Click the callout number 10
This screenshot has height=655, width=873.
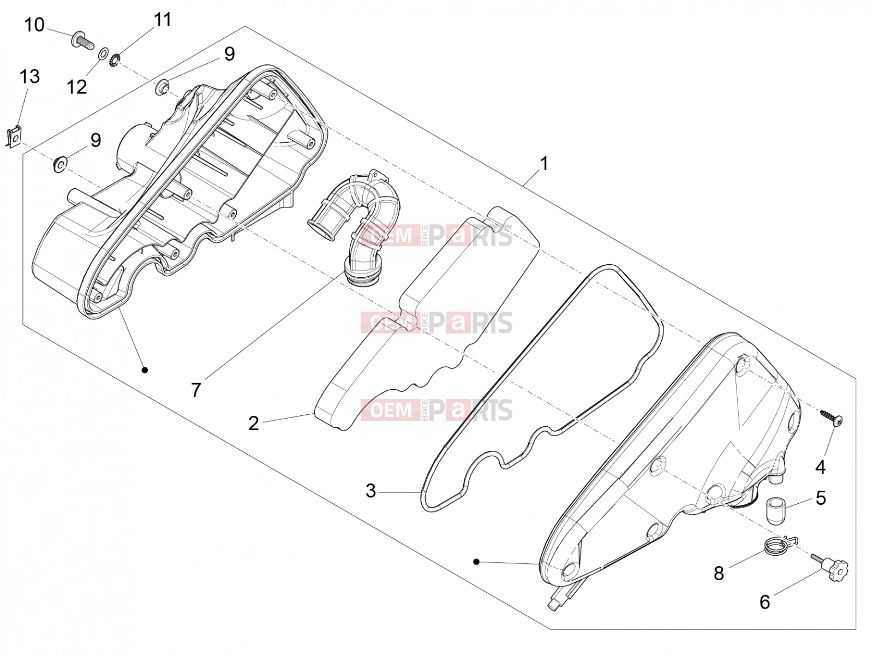[x=34, y=25]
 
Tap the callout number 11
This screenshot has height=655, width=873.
[x=162, y=20]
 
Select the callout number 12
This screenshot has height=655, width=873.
[x=77, y=87]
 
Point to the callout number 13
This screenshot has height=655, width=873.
[x=30, y=76]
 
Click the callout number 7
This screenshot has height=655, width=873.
[x=196, y=390]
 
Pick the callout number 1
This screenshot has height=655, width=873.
[x=544, y=164]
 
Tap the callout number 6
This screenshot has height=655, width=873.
[x=765, y=602]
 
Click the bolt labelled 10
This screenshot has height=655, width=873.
[x=82, y=41]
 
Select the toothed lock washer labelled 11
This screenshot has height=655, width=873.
[x=115, y=60]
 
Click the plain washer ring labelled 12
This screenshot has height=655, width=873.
[x=104, y=53]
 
